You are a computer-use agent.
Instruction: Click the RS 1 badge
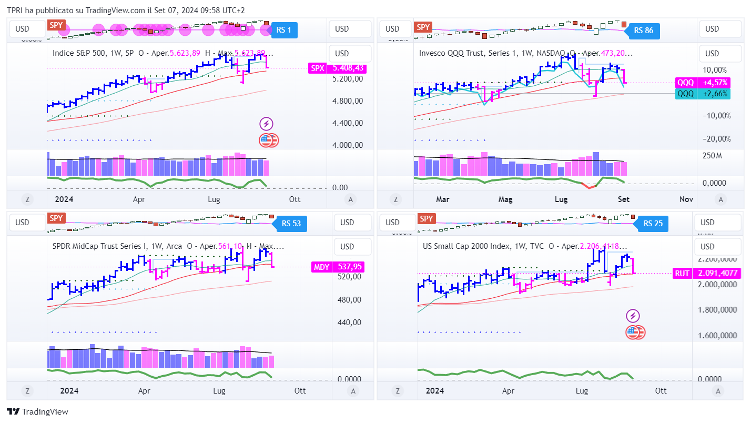pos(284,30)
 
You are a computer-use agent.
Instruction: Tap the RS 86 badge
pos(643,31)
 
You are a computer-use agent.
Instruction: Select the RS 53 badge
pos(291,223)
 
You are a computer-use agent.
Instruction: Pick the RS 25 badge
pos(652,224)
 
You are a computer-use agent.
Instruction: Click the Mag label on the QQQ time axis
pos(505,199)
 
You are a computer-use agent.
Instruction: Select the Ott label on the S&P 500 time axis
pos(295,199)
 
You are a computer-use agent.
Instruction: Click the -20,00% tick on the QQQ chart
pos(716,139)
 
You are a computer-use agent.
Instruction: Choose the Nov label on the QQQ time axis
pos(686,199)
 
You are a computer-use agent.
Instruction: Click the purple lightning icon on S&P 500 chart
pos(267,124)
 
